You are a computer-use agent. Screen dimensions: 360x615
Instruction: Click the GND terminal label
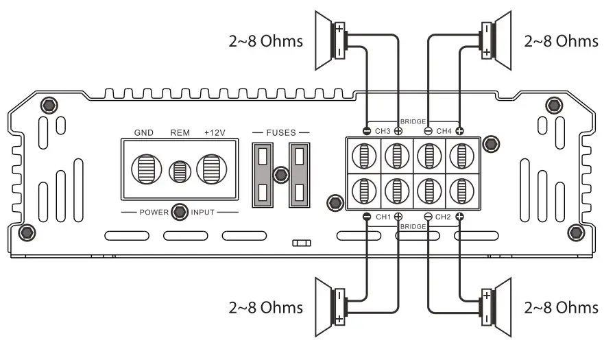point(144,132)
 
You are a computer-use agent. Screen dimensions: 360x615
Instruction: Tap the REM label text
point(180,132)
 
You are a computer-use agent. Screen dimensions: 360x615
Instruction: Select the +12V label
point(215,132)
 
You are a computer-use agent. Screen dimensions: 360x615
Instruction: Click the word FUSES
point(281,132)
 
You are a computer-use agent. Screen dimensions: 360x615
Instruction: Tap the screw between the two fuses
point(280,175)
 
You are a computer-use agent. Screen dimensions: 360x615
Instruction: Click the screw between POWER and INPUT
point(180,211)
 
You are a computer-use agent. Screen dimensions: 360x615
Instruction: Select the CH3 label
point(383,130)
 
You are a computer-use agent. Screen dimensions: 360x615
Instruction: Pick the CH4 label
point(444,130)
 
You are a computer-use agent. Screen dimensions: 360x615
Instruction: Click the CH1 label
point(383,217)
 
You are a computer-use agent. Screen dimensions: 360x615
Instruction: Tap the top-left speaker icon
point(332,40)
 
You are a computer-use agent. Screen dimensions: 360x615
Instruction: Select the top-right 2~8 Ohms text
point(561,41)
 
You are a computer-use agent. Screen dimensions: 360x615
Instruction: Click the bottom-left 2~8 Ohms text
point(265,307)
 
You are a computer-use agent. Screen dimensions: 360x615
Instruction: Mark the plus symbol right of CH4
point(459,130)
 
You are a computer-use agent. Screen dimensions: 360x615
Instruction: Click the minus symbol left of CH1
point(367,217)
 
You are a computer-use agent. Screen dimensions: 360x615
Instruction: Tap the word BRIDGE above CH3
point(413,121)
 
